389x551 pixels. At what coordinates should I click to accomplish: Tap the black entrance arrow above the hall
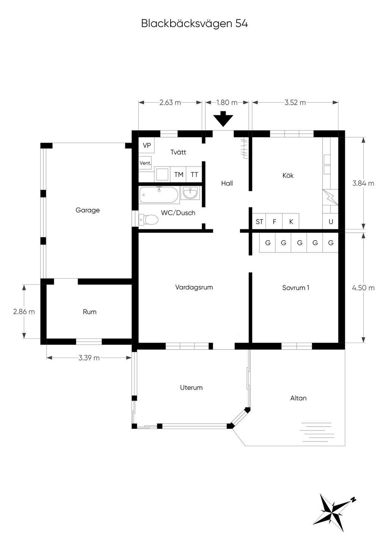pos(223,119)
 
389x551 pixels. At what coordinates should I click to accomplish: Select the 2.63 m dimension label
pos(170,102)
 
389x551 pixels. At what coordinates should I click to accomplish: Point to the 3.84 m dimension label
pos(363,183)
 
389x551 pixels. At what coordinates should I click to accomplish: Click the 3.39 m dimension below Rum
pos(89,358)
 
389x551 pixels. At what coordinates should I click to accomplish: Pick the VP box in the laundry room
pos(147,145)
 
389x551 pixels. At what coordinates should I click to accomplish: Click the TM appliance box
pos(179,175)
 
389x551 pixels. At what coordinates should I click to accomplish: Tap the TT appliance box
pos(194,175)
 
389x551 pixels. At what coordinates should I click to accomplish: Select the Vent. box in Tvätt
pos(145,163)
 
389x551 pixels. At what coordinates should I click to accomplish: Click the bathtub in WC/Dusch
pos(159,195)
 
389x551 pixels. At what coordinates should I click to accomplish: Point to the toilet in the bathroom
pos(148,220)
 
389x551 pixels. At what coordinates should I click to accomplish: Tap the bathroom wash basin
pos(190,193)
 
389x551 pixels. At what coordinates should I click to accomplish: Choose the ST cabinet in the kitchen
pos(259,222)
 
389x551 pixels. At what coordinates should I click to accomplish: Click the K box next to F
pos(291,222)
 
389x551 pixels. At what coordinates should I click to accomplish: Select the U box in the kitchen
pos(330,222)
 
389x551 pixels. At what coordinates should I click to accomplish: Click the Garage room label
pos(88,210)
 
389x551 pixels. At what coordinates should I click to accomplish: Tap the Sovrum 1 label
pos(296,287)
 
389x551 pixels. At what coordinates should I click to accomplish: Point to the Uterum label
pos(191,387)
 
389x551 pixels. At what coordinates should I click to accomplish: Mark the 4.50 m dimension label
pos(363,287)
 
